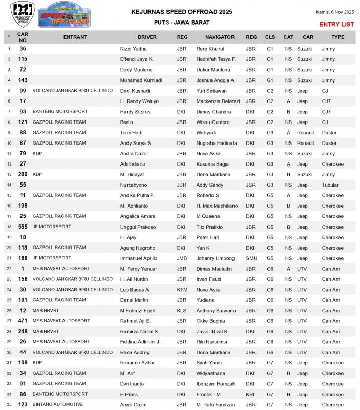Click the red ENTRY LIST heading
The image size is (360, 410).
point(336,24)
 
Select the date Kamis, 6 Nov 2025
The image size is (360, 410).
point(335,12)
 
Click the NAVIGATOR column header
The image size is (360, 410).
point(220,37)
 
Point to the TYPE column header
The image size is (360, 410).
point(337,37)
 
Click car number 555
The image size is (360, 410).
point(23,227)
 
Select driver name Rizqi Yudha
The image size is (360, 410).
point(133,49)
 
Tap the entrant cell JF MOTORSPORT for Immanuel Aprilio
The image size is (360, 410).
point(52,258)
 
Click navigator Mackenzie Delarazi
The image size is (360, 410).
point(218,101)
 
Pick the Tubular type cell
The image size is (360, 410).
point(330,185)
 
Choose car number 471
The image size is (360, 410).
point(23,321)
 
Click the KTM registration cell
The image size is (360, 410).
point(182,290)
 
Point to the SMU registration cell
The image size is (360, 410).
point(251,258)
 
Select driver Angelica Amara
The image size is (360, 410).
point(137,216)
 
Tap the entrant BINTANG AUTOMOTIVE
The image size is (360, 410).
point(58,404)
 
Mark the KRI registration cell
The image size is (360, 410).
point(251,394)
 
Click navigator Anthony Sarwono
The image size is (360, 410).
point(216,311)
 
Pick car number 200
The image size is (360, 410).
point(23,174)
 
